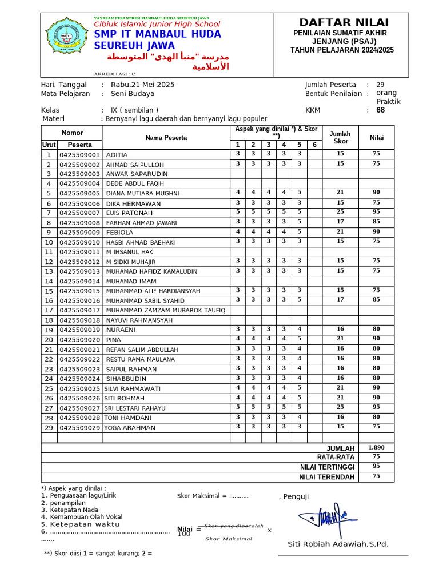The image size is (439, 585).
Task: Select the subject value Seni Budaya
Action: (x=133, y=94)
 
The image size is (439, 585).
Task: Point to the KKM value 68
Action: (x=381, y=110)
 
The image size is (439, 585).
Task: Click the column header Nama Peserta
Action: (x=166, y=138)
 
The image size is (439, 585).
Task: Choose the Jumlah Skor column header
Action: (x=341, y=137)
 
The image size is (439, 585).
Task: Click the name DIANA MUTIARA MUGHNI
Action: (x=142, y=194)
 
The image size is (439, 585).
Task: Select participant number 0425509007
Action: (x=79, y=213)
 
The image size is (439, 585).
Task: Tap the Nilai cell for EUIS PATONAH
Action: (x=376, y=212)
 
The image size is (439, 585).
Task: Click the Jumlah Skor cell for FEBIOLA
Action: (x=340, y=231)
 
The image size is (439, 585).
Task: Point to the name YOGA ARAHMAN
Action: (x=130, y=427)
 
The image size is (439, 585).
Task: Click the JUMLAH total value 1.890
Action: (x=376, y=448)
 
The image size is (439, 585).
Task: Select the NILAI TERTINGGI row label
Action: (x=328, y=467)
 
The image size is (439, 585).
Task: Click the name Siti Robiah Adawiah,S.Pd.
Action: (x=338, y=544)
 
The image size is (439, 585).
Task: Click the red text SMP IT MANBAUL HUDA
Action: (x=157, y=34)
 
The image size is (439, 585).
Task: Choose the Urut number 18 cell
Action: (x=49, y=320)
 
